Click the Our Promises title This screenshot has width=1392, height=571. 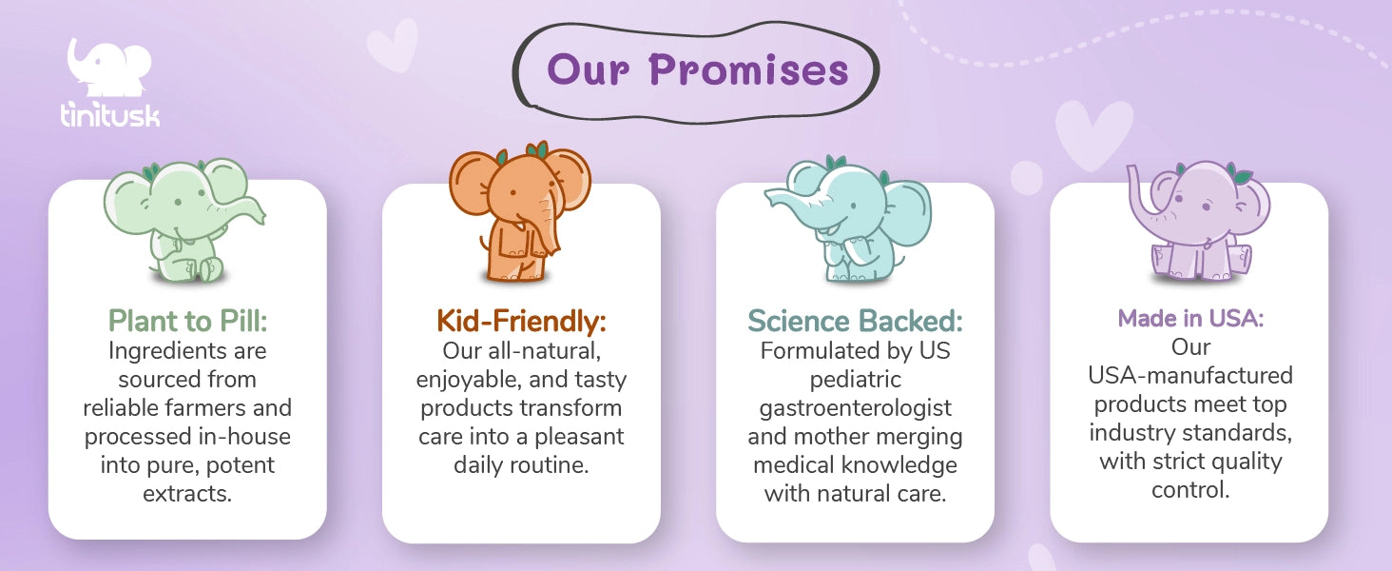pos(697,69)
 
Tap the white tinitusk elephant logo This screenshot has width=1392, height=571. pos(109,68)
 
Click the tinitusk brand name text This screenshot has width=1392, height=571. pos(110,114)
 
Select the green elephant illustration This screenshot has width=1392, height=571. pos(184,221)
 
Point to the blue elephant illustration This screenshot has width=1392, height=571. pos(849,220)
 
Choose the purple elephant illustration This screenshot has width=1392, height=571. pos(1196,221)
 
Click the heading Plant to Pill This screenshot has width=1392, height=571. pos(187,321)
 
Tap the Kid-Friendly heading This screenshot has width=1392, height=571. pos(521,321)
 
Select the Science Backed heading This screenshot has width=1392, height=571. pos(855,321)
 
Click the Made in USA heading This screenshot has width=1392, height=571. pos(1190,319)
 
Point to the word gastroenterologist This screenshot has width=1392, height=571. pos(855,408)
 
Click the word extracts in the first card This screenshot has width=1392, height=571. pos(187,494)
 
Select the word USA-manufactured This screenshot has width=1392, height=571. pos(1190,375)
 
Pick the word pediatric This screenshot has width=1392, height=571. pos(855,380)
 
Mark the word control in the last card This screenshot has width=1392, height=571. pos(1190,490)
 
